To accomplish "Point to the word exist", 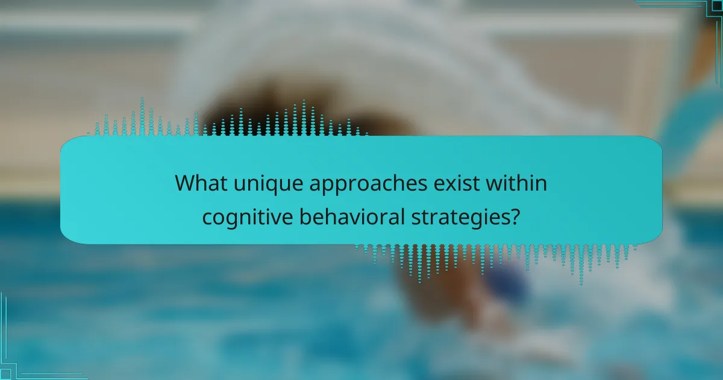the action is click(x=457, y=183).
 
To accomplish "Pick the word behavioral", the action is click(x=352, y=216).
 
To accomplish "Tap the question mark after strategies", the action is click(x=514, y=216).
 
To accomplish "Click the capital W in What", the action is click(x=187, y=183).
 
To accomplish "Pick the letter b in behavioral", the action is click(x=305, y=216).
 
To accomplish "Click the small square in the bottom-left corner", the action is click(x=5, y=374).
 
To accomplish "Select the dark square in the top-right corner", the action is click(x=717, y=6).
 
